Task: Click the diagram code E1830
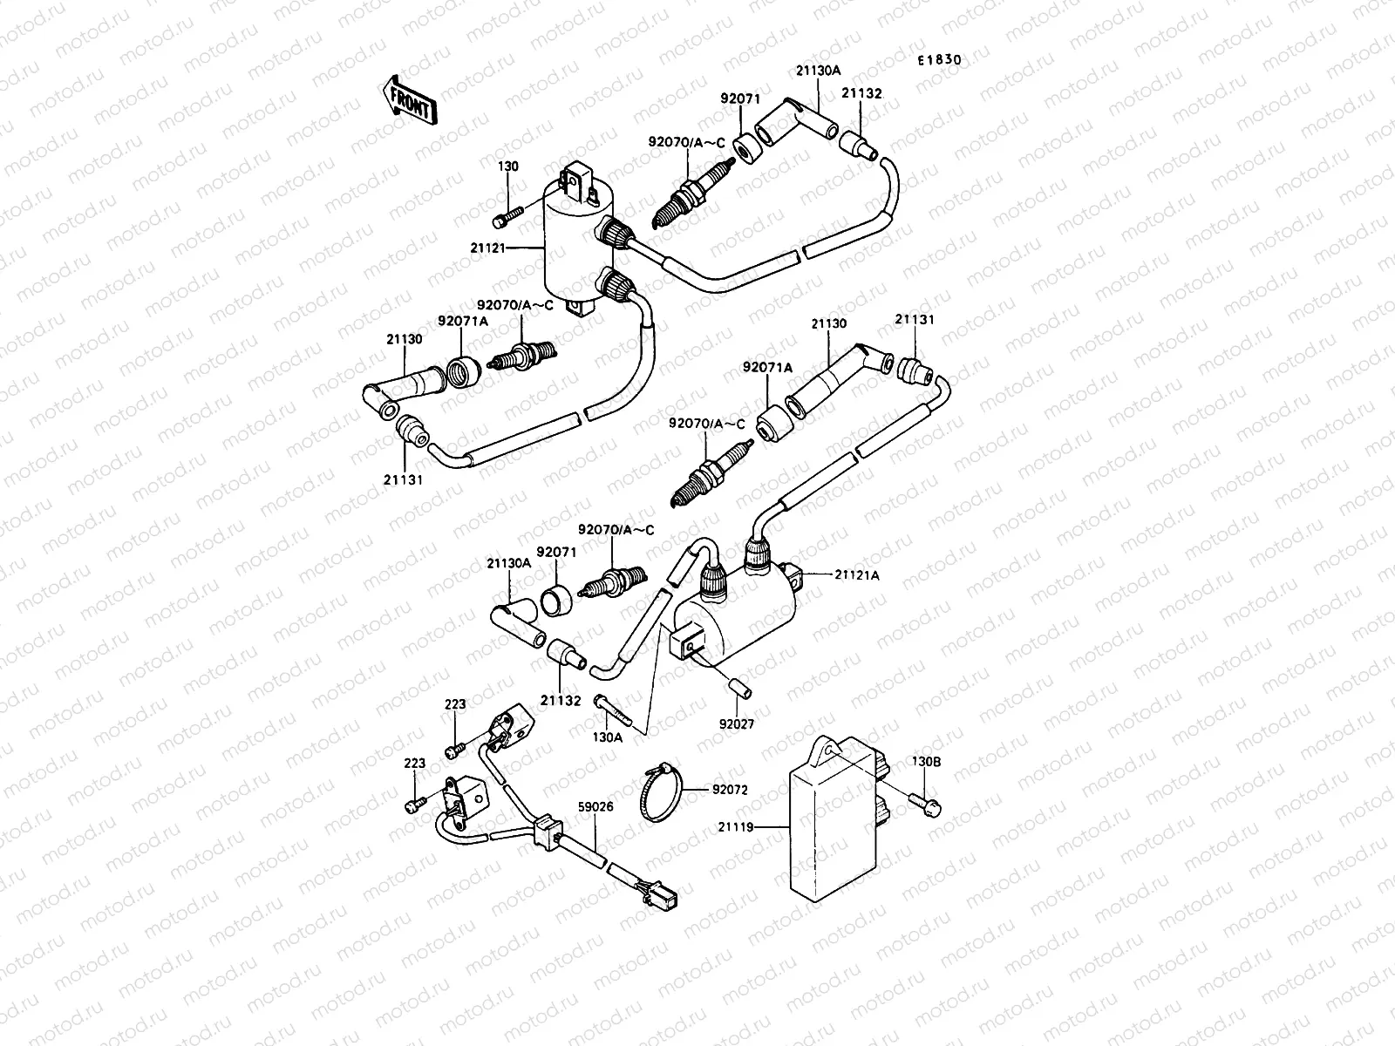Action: pos(938,60)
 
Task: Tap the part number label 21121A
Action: pos(857,574)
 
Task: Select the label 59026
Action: pos(595,806)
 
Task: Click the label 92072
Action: pos(731,791)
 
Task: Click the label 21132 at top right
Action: pos(861,93)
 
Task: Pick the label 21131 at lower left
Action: pos(403,479)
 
